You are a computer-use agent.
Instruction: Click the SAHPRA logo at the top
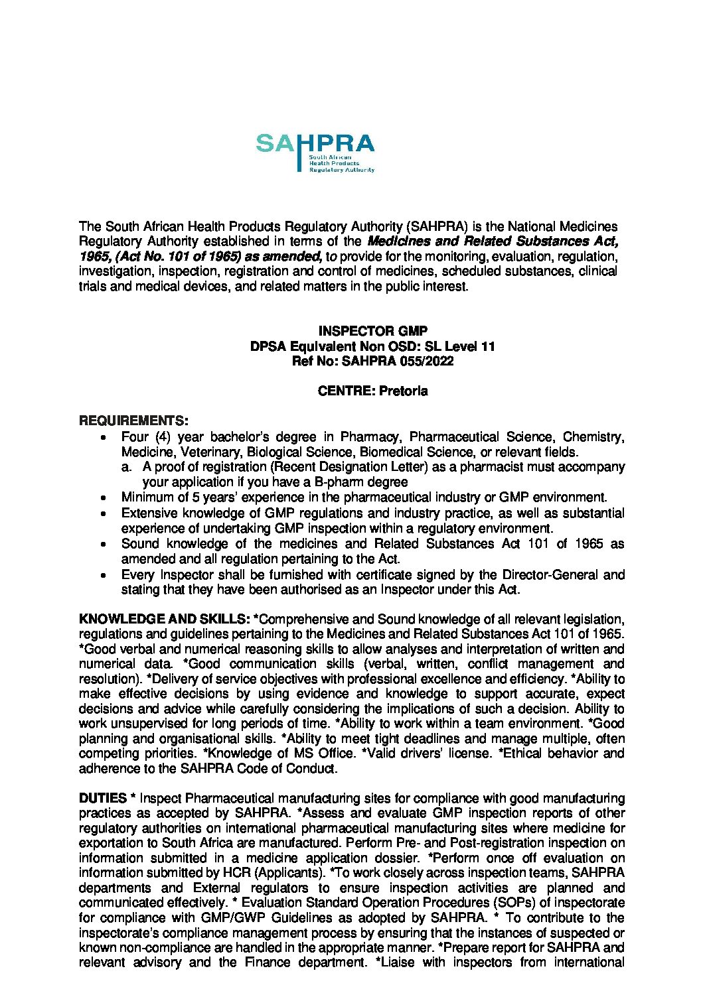pos(315,152)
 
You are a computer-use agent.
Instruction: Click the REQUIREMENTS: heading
pos(133,421)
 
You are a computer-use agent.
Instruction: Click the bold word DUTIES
pos(103,797)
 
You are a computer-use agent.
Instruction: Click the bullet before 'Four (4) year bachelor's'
pos(102,437)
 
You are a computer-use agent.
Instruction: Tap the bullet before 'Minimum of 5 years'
pos(102,498)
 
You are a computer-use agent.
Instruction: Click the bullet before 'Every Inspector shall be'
pos(102,574)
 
